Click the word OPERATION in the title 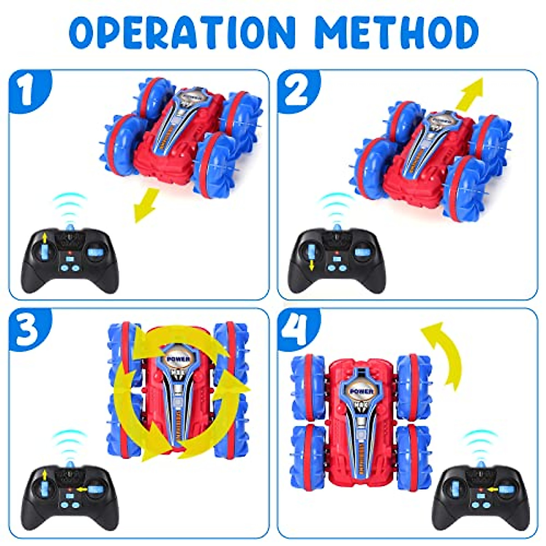tap(182, 33)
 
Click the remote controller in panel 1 tap(70, 259)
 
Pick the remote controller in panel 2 tap(337, 259)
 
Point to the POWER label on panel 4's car tap(362, 391)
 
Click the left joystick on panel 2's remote tap(312, 252)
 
